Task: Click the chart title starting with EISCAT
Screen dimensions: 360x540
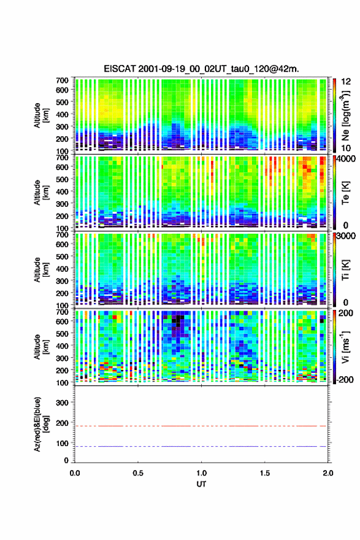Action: click(201, 69)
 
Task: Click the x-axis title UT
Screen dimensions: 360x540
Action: click(201, 484)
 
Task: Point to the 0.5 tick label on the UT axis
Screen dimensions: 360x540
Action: click(138, 473)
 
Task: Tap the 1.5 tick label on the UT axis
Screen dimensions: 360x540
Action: click(265, 473)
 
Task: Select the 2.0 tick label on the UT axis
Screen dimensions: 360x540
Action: click(328, 473)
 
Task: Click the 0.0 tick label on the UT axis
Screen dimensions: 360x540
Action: click(75, 473)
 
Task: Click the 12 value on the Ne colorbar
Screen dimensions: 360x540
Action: click(347, 82)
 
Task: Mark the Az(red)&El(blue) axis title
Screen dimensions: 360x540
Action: click(41, 424)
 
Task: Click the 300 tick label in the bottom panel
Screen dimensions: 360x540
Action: click(62, 403)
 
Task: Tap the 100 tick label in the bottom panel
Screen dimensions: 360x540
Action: click(62, 443)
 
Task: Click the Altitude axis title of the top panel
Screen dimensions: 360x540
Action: click(41, 115)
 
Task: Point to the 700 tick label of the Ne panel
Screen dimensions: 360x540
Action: click(62, 80)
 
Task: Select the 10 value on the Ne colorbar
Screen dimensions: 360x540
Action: click(347, 148)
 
